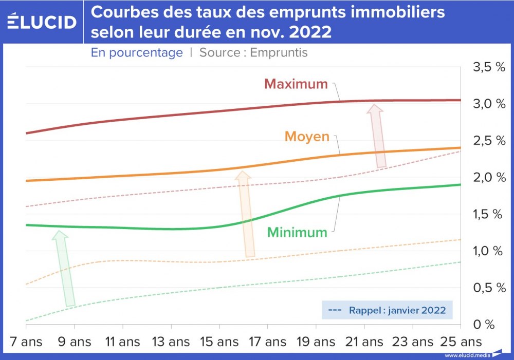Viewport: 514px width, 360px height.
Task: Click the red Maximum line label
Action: (296, 84)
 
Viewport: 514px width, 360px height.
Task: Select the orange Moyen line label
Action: (306, 137)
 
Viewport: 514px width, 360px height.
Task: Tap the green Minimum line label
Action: (297, 232)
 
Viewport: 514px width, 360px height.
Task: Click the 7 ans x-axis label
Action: (26, 342)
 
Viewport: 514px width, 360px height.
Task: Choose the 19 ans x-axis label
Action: (316, 342)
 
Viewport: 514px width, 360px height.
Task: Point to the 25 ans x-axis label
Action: (461, 342)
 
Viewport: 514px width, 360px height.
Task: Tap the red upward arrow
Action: (378, 136)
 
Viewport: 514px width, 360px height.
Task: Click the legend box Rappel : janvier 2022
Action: (387, 310)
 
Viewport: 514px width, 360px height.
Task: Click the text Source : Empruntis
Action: (253, 52)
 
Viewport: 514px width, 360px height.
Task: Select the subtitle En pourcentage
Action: (137, 52)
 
